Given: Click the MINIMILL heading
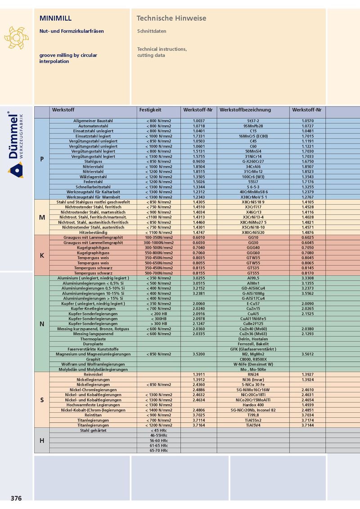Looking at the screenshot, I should point(56,18).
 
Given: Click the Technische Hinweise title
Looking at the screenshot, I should point(171,18).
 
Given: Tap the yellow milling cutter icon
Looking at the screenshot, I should point(16,37).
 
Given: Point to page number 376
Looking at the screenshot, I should point(16,498).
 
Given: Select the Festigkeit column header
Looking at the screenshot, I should point(150,110).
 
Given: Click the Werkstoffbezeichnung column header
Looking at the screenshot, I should point(245,110).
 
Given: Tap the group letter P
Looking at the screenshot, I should point(42,159).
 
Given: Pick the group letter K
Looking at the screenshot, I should point(42,255).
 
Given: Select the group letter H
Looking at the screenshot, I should point(42,440).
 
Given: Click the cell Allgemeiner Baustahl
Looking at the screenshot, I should point(93,121).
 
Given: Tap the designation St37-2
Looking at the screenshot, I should point(253,121).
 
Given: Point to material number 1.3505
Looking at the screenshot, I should point(198,177).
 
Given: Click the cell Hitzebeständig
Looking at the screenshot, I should point(93,232).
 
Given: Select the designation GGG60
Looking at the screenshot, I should point(253,253).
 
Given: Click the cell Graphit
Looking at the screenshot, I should point(93,359).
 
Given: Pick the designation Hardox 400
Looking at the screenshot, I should point(253,405).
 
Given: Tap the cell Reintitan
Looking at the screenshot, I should point(93,415).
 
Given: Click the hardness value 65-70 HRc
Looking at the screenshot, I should point(159,450).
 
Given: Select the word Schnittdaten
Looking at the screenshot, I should point(152,31).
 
